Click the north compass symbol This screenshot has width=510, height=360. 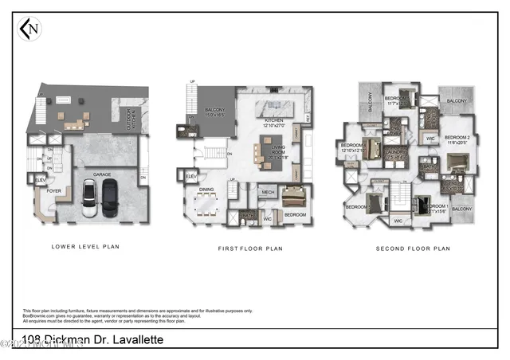[29, 29]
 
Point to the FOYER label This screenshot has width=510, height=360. [53, 191]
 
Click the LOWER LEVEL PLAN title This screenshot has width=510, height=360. [85, 247]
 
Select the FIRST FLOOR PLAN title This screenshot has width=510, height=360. [251, 248]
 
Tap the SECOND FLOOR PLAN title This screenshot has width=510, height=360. [413, 248]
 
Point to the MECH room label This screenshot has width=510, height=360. [265, 192]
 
